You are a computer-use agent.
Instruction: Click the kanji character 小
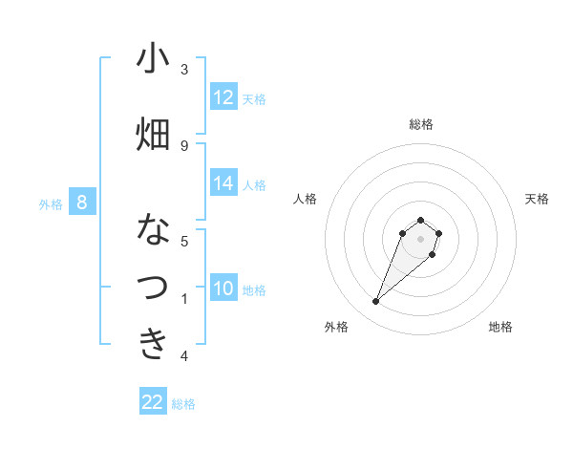[153, 59]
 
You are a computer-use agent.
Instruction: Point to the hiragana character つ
[153, 288]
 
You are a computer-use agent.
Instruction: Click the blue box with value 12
[223, 97]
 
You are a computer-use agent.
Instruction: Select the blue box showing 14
[223, 183]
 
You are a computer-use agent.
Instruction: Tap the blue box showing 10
[223, 289]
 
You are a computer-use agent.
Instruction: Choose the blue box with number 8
[82, 203]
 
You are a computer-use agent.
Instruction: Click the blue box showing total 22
[153, 402]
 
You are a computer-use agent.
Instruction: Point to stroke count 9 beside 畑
[184, 145]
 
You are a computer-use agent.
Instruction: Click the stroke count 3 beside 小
[184, 70]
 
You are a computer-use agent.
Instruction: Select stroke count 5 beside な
[184, 241]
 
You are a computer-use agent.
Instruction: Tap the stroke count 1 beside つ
[184, 299]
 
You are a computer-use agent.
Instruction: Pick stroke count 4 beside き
[184, 356]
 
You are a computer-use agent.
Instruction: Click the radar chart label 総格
[421, 125]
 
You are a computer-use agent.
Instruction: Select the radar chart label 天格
[537, 199]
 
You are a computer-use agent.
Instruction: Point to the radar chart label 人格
[306, 199]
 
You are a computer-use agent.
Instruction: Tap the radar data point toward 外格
[375, 302]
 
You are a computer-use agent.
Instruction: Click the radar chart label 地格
[500, 328]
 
